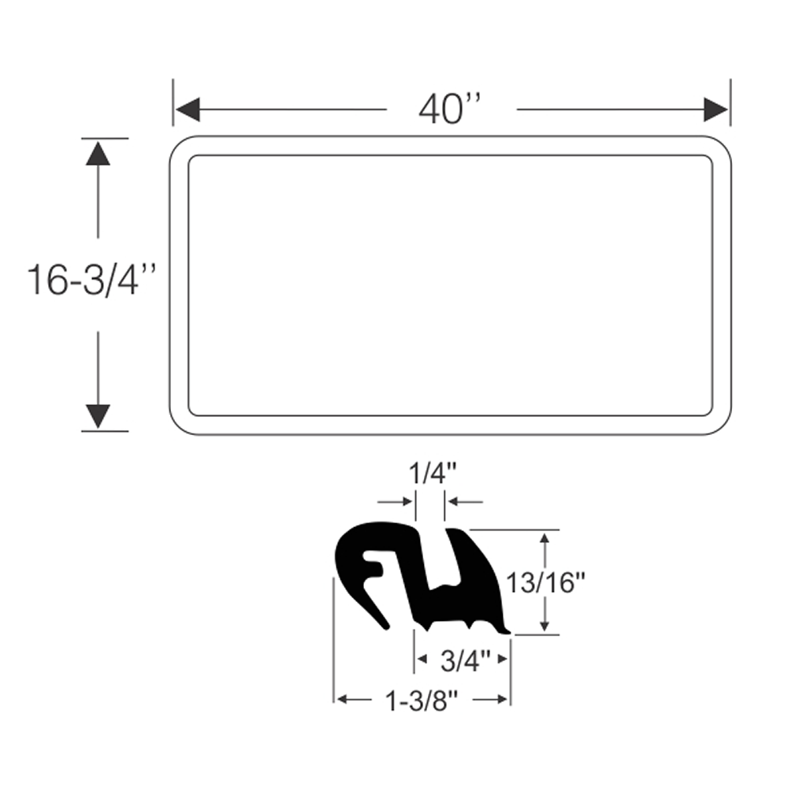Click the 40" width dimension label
click(x=450, y=109)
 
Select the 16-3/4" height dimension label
click(x=91, y=280)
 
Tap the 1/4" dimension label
click(x=433, y=474)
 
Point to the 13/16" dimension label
click(x=545, y=583)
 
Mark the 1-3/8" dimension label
click(x=422, y=701)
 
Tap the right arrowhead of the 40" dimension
click(x=716, y=109)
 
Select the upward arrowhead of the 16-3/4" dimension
click(x=98, y=154)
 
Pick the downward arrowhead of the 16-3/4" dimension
click(x=98, y=416)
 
